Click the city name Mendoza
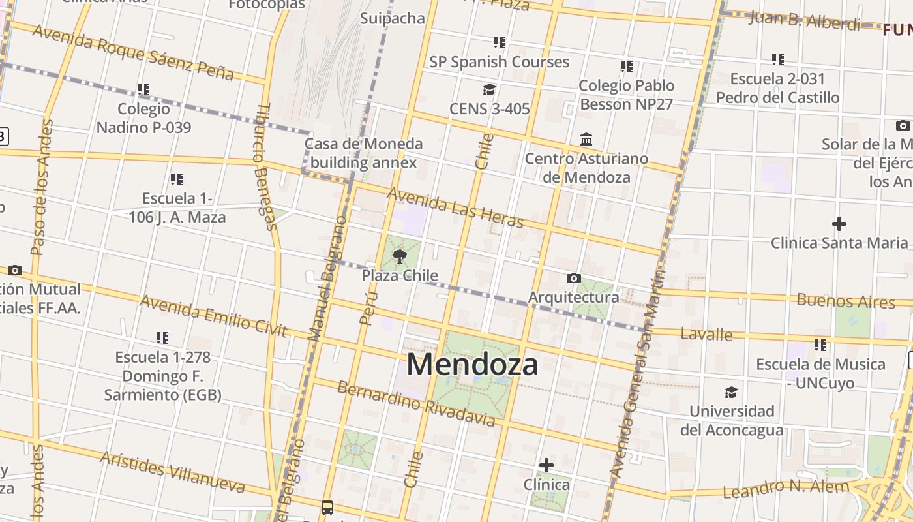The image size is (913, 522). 473,364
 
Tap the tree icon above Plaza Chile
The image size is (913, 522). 400,256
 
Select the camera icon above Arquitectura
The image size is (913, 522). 574,279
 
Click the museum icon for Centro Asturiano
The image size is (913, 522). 586,140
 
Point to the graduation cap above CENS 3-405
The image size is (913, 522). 489,90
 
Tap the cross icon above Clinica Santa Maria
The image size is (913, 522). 839,224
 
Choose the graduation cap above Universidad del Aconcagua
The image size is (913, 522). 732,392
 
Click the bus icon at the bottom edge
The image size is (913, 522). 327,507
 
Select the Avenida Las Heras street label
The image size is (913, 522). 455,207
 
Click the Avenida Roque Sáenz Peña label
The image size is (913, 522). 133,52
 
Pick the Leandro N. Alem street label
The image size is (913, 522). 786,487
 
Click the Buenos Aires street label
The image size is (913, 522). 846,301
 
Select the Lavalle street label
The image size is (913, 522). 706,335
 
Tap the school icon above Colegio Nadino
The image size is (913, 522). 143,89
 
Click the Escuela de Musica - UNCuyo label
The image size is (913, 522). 820,373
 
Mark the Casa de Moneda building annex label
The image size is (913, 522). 364,153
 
